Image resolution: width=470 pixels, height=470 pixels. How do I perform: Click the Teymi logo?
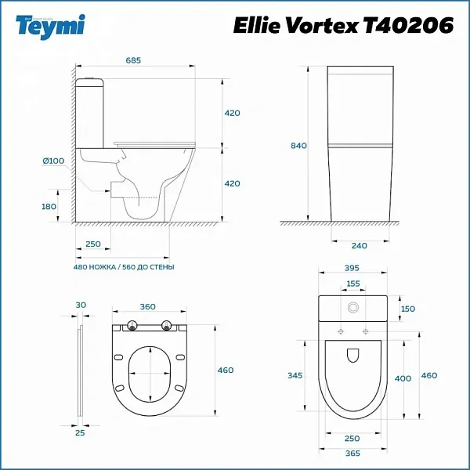[x=50, y=27]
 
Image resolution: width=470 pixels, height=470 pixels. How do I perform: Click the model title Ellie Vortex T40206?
[x=343, y=25]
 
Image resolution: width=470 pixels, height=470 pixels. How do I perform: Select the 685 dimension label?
[x=133, y=60]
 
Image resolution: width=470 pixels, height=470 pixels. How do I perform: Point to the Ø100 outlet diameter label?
[x=53, y=161]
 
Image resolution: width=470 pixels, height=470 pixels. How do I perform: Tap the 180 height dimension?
[x=49, y=207]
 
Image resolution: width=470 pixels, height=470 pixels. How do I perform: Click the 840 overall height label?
[x=299, y=146]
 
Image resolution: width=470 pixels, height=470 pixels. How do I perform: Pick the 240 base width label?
[x=360, y=246]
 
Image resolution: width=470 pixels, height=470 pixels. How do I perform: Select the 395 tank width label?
[x=352, y=268]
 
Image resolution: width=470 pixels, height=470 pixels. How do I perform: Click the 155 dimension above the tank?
[x=353, y=284]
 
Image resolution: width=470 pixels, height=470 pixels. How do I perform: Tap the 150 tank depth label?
[x=408, y=309]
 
